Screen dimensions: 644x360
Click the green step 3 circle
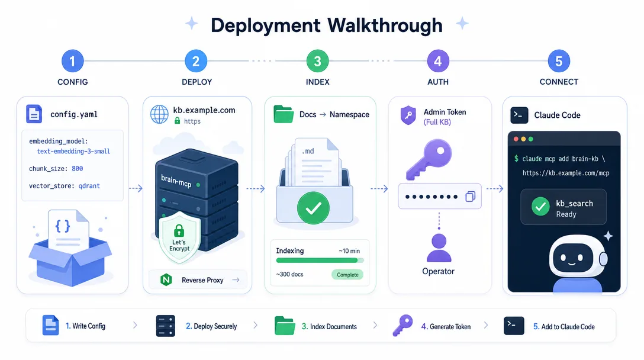[317, 61]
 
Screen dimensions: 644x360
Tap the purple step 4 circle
[438, 61]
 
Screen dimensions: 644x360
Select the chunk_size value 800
[77, 169]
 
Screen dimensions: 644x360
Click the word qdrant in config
[89, 186]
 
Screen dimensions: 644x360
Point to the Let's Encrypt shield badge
[179, 237]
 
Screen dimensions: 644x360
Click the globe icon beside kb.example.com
[159, 115]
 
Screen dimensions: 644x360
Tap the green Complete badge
[347, 275]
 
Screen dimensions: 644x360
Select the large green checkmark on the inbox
[313, 208]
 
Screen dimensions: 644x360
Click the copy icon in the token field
[470, 197]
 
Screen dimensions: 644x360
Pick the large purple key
[429, 159]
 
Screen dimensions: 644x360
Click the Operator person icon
[439, 248]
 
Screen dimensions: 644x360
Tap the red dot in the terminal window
[516, 139]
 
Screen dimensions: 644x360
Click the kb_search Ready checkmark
[540, 207]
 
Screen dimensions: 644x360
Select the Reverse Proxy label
[202, 280]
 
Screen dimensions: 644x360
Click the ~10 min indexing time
[349, 250]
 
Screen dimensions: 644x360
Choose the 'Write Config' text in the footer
[89, 326]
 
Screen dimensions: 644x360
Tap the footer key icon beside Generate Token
[402, 326]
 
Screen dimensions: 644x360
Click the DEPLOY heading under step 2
[197, 82]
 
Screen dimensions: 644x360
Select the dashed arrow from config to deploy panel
[136, 189]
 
